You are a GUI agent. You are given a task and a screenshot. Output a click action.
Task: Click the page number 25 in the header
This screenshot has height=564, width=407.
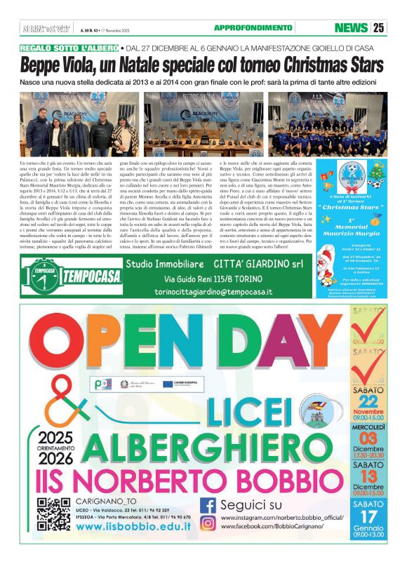coord(380,28)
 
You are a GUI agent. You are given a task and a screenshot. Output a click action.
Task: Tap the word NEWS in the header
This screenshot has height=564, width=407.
coord(351,28)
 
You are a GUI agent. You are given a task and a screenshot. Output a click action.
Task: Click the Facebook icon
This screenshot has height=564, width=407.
coord(208,505)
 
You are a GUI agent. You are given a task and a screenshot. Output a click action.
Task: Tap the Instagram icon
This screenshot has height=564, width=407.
coord(208,523)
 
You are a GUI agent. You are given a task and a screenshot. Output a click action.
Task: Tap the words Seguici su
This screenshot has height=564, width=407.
coord(251,505)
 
